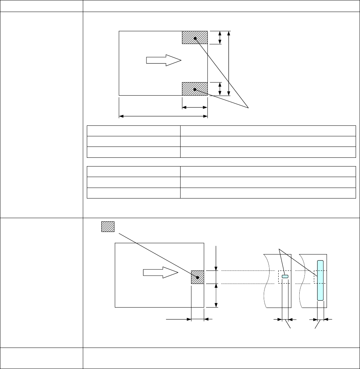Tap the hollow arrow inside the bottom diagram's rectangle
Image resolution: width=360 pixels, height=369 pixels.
coord(160,274)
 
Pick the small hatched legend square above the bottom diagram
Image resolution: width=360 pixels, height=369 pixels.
coord(108,226)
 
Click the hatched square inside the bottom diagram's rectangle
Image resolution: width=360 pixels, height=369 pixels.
coord(198,277)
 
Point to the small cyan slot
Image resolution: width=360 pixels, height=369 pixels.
coord(285,277)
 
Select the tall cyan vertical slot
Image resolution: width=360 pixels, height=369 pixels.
coord(320,280)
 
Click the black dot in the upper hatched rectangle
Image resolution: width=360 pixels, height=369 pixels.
coord(195,38)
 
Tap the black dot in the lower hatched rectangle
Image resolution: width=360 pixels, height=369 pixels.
coord(195,89)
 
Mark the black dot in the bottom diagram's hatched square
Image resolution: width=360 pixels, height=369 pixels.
coord(198,277)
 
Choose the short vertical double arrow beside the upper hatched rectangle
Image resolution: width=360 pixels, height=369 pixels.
coord(219,37)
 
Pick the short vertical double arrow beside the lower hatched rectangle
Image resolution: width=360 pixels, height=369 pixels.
coord(219,89)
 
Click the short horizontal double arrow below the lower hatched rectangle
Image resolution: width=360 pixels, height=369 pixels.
coord(195,107)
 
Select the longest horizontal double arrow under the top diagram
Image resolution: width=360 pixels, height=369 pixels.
coord(163,116)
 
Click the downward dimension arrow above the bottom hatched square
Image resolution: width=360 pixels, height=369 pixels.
coord(217,258)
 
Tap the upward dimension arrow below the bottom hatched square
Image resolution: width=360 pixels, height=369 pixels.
coord(217,295)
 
